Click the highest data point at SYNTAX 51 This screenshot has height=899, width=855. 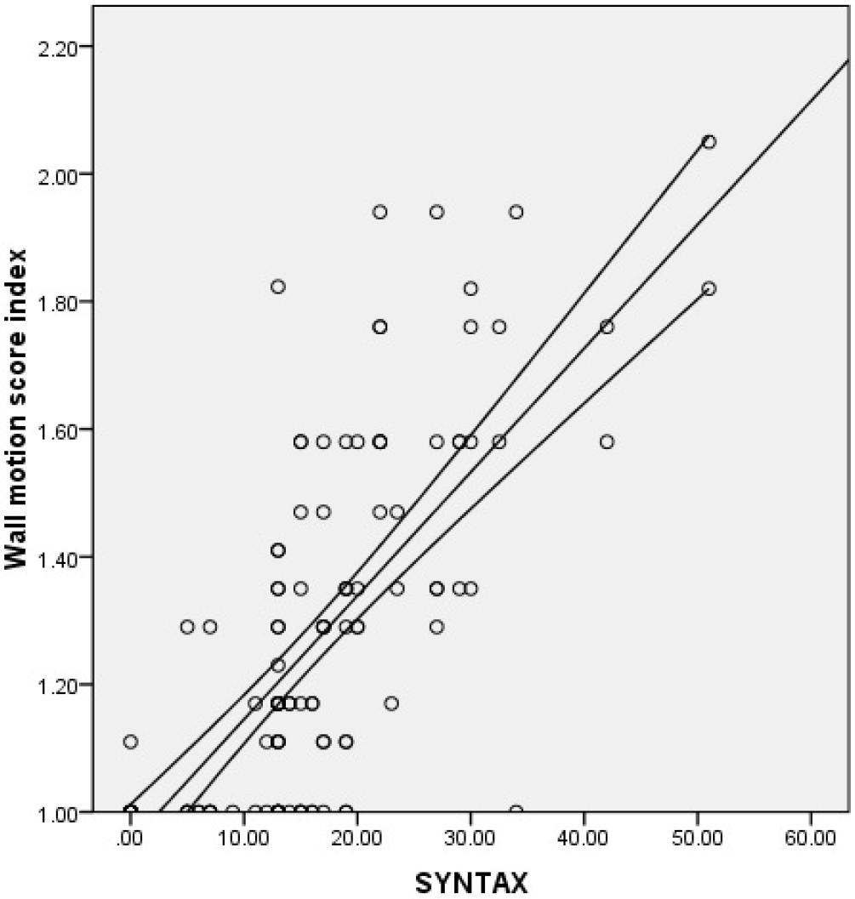(709, 142)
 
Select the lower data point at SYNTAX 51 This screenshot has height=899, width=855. (709, 288)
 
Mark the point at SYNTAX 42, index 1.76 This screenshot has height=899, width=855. (607, 327)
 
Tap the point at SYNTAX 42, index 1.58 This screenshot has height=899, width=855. (607, 441)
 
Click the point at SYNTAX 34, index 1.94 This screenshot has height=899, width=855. (516, 212)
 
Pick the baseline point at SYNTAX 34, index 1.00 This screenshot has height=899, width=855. (516, 811)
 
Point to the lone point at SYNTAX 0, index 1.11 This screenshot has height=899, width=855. (130, 742)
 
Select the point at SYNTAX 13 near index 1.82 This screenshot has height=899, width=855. (277, 287)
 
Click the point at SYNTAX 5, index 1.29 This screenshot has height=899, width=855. (187, 627)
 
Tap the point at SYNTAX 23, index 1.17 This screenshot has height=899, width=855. (391, 703)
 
